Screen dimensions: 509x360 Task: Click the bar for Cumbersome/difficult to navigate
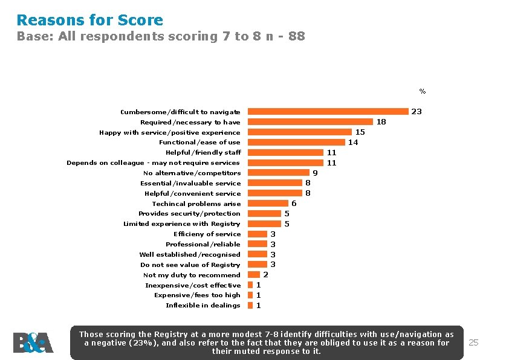328,112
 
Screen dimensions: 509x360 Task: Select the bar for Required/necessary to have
310,122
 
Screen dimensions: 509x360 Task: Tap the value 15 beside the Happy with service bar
360,132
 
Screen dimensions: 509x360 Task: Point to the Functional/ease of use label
199,143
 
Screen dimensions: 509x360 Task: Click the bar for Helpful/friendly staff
286,152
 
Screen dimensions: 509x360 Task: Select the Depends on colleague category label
153,163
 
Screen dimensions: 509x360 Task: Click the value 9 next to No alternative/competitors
315,173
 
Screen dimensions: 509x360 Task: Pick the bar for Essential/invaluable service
275,183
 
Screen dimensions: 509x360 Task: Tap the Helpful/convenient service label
193,194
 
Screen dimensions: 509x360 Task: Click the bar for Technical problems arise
268,204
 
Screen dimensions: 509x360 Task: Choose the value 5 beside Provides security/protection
287,214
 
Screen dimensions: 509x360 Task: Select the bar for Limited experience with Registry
264,223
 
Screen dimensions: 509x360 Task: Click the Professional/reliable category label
203,244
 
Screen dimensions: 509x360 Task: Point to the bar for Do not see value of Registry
258,265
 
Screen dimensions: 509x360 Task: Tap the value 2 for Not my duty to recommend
266,275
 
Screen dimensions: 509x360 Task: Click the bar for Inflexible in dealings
250,305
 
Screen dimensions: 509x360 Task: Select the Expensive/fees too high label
197,295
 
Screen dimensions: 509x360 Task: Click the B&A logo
33,342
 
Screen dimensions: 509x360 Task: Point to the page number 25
473,342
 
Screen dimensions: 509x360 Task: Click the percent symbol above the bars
423,91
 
